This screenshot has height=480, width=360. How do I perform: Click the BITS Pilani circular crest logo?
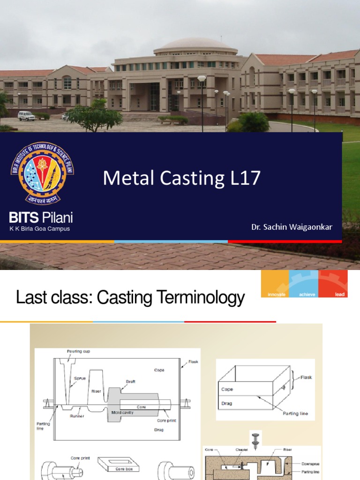point(42,173)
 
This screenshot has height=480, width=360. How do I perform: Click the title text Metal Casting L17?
point(181,178)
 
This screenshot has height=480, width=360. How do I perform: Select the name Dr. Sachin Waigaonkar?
point(292,227)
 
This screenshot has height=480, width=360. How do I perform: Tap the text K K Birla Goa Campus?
point(40,229)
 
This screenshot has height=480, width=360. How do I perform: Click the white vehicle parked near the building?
point(26,116)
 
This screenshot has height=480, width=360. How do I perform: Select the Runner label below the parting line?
point(77,416)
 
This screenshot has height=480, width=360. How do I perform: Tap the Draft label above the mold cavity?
point(131,382)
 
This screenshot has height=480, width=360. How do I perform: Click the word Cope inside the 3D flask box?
point(226,389)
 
